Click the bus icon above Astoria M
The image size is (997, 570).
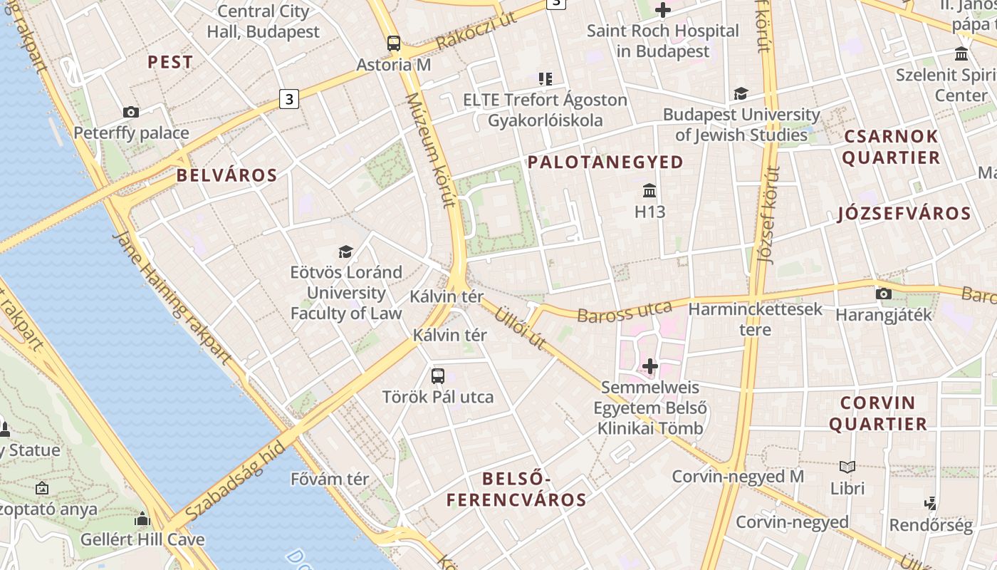point(394,43)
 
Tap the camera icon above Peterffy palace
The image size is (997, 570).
point(131,112)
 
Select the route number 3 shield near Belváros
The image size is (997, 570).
point(288,98)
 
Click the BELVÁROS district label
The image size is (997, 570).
point(226,175)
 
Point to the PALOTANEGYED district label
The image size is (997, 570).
point(605,162)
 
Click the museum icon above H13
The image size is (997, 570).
point(649,190)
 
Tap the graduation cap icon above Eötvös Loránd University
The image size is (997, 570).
point(346,252)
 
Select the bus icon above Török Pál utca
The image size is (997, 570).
point(438,375)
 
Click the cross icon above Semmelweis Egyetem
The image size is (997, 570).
point(649,366)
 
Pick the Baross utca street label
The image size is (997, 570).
point(625,312)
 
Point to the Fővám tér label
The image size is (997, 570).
point(330,479)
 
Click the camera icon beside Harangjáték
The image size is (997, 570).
point(883,294)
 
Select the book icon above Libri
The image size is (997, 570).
point(847,467)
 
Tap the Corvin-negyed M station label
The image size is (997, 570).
point(738,476)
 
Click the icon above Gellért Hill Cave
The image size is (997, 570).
point(142,519)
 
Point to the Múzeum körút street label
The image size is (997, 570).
point(430,150)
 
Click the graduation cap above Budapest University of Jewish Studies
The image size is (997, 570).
point(741,93)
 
